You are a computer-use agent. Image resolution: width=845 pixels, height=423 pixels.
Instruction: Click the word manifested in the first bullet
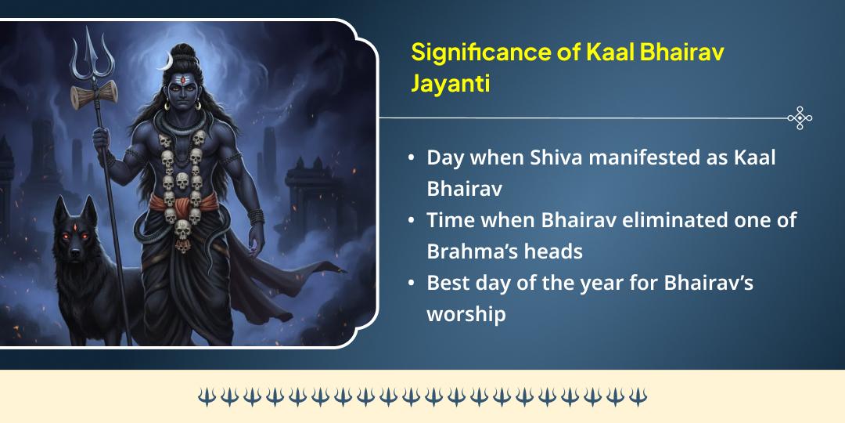658,157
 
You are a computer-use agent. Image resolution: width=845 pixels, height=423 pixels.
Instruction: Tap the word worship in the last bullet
466,313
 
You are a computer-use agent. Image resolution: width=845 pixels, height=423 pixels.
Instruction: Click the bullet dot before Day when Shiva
412,157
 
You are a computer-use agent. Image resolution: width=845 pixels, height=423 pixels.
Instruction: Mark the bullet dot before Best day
412,283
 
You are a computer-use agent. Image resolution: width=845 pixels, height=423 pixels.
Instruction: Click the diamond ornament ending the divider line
799,118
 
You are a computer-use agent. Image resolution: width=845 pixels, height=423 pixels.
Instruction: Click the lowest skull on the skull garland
183,230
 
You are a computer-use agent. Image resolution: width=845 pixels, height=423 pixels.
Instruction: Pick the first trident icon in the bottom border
205,396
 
